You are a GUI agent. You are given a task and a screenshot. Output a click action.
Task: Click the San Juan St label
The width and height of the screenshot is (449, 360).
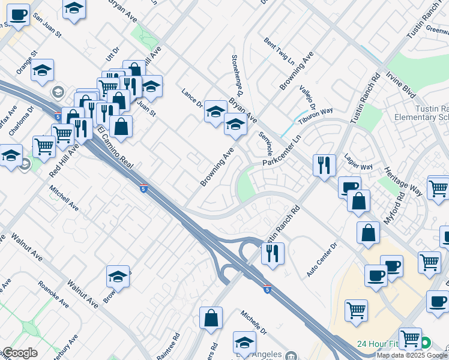point(47,25)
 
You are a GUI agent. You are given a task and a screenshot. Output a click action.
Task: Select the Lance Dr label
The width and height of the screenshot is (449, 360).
point(192,98)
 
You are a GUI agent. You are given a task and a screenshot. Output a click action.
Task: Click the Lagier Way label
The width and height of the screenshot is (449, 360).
point(358,162)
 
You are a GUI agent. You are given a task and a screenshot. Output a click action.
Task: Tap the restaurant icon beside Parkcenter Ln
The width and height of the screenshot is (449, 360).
point(324,163)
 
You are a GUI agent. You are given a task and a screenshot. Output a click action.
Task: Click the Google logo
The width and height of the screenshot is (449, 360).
point(20,353)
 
